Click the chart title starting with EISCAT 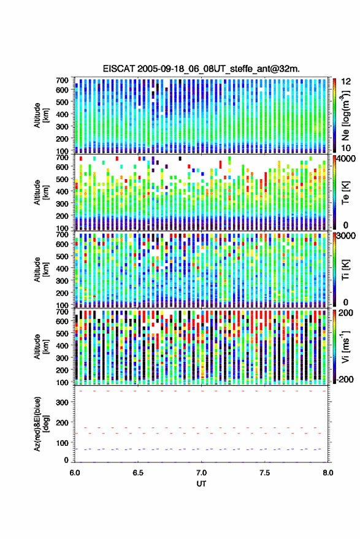(x=201, y=69)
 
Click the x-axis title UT (x=201, y=484)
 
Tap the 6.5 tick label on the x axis (x=138, y=473)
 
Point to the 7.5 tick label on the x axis (x=264, y=473)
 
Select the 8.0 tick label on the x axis (x=327, y=473)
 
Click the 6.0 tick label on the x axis (x=75, y=473)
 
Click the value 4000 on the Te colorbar (x=347, y=159)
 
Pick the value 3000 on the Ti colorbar (x=347, y=236)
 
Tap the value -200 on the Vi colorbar (x=345, y=379)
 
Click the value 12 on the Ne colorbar (x=347, y=82)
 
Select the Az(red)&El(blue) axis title (x=41, y=424)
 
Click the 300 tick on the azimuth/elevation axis (x=62, y=402)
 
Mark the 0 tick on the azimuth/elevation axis (x=66, y=460)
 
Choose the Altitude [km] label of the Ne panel (x=41, y=115)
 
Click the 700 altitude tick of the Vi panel (x=62, y=312)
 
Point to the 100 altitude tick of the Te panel (x=62, y=228)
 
